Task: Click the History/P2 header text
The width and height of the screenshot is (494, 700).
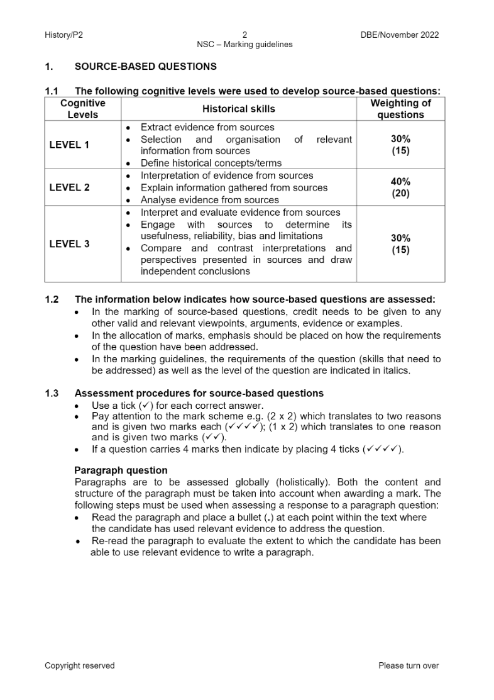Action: pos(63,35)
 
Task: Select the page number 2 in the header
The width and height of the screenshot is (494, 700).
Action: pos(244,35)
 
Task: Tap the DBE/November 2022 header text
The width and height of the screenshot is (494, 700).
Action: pos(395,35)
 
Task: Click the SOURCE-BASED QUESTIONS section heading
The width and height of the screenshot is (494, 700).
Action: pos(145,66)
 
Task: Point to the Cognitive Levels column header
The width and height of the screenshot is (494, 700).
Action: pos(83,109)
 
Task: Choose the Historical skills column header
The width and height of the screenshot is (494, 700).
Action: pos(239,109)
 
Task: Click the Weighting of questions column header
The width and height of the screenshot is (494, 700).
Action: pos(400,109)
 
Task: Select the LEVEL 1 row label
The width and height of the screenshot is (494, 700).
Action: pos(69,145)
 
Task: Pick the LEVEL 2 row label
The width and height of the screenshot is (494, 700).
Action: pos(69,187)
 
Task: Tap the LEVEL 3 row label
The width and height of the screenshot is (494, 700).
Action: pos(69,244)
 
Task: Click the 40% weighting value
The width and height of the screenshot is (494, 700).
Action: pos(400,182)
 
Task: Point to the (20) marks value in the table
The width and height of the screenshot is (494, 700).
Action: pos(400,194)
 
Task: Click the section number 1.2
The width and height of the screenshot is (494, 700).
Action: pos(52,299)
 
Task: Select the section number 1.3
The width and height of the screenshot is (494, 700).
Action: pos(52,393)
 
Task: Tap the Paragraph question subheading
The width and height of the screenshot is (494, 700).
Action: pos(121,470)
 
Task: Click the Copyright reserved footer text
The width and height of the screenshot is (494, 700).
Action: pos(80,665)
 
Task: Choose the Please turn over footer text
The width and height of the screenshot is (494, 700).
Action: pos(409,665)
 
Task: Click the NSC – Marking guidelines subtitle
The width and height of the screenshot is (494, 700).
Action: pos(244,45)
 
